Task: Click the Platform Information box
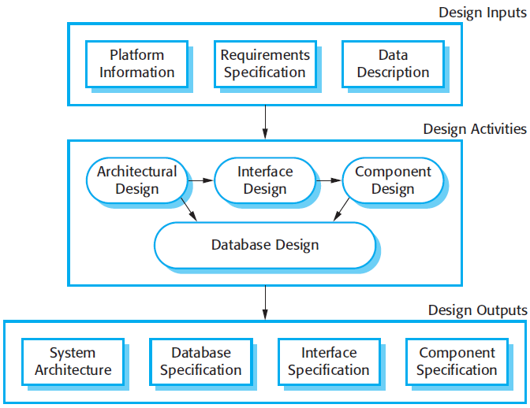coord(137,64)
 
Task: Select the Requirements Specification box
coord(264,64)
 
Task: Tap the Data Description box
coord(393,64)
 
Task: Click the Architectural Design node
coord(137,180)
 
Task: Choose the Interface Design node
coord(264,180)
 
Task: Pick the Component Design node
coord(393,180)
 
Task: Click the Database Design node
coord(265,245)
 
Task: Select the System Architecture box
coord(73,362)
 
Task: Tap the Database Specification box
coord(200,362)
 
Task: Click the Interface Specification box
coord(328,362)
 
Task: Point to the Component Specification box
coord(457,362)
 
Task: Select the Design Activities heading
coord(475,129)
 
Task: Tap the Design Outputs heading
coord(477,310)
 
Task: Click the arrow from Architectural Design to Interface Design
coord(201,180)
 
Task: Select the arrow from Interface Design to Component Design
coord(329,180)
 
